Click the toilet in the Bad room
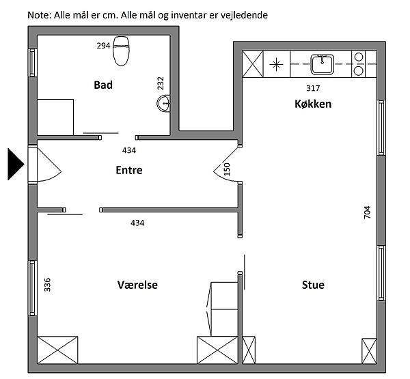121,51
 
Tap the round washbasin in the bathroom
164,104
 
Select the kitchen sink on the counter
322,64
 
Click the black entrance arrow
16,164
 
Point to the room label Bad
103,85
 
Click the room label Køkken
313,104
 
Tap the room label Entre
129,170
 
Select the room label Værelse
137,285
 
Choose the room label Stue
313,285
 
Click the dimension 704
367,212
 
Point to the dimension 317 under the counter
313,88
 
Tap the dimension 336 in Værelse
47,285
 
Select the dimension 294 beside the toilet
103,46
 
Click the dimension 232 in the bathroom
161,83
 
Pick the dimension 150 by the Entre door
227,169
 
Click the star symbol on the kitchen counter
276,64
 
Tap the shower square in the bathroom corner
55,117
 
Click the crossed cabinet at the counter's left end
253,64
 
